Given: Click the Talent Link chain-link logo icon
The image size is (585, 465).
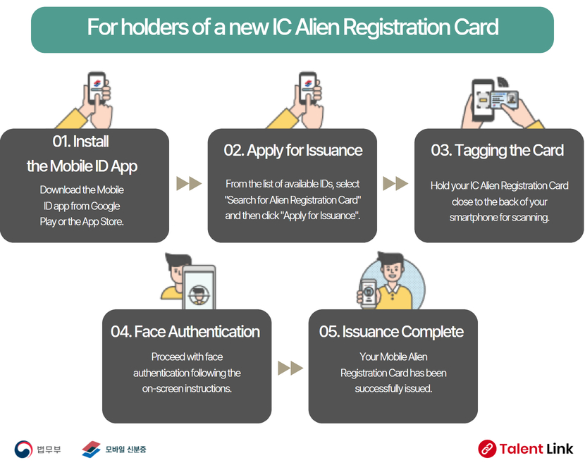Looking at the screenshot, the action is (487, 449).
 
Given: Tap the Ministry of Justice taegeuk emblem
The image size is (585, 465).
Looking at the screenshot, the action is (23, 449).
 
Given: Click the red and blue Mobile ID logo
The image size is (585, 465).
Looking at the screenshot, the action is (92, 449).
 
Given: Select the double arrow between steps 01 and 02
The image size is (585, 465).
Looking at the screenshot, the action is (189, 183).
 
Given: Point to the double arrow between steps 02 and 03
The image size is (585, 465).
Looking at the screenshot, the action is (395, 183).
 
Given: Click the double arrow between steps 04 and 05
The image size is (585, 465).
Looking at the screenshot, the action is (290, 368).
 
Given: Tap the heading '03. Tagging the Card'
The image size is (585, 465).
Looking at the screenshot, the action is (498, 150).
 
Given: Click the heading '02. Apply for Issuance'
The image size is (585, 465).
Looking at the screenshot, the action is (293, 150).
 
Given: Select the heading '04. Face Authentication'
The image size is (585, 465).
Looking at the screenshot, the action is (185, 332).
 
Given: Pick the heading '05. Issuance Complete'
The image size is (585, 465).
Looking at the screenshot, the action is (391, 332).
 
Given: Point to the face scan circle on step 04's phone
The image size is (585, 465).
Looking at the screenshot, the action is (199, 294).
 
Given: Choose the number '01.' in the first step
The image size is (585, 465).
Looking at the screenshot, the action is (61, 142).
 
